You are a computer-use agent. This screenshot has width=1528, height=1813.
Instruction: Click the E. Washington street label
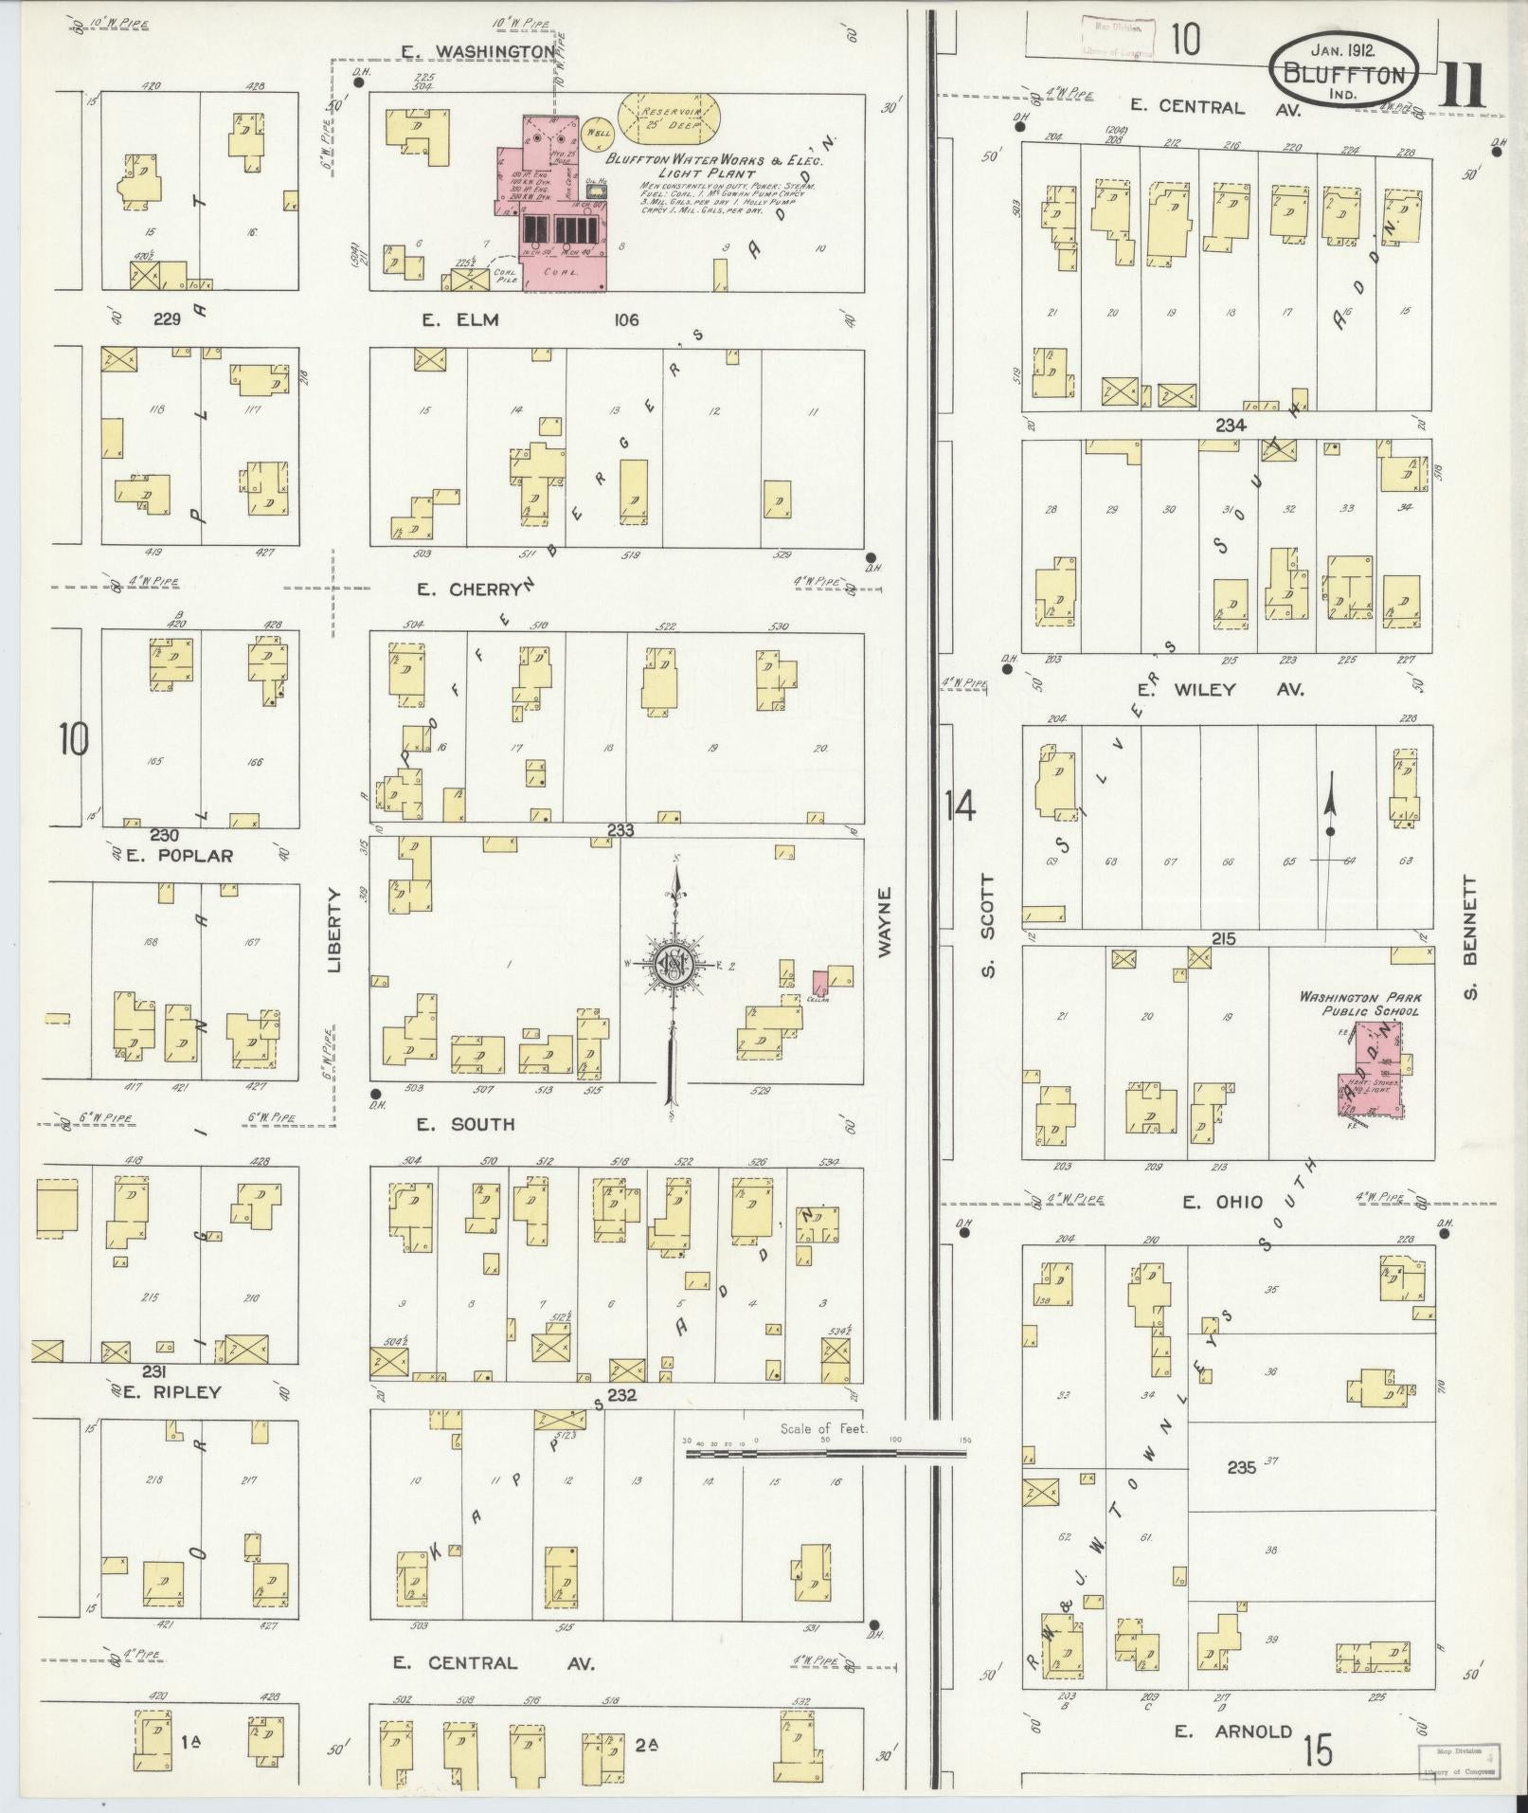pos(490,51)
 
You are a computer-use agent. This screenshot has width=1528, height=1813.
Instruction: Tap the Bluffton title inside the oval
pos(1344,74)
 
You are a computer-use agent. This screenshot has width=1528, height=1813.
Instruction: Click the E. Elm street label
pos(460,319)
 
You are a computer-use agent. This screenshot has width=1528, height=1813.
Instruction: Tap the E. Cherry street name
pos(469,589)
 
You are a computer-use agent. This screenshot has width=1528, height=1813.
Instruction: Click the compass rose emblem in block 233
pos(674,965)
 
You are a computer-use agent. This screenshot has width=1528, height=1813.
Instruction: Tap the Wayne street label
pos(885,922)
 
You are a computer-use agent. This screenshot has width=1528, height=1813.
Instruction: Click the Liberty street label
pos(333,930)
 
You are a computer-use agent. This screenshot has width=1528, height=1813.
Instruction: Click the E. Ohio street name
pos(1221,1202)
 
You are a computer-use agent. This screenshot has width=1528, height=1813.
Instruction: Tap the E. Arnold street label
pos(1232,1731)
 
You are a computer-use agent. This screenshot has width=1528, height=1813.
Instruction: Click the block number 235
pos(1241,1467)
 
